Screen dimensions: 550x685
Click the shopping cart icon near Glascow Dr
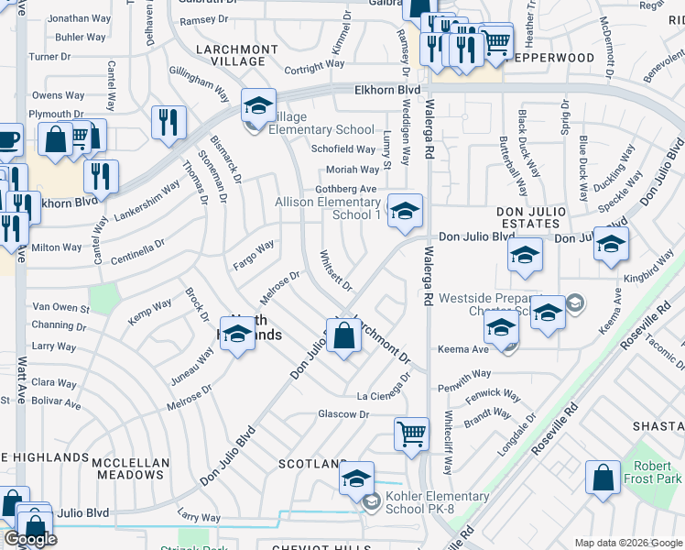pos(411,434)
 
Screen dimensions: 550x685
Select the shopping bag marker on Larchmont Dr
pos(343,335)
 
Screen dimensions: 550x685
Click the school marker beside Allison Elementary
pos(404,211)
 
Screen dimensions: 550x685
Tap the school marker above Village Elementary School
pos(258,106)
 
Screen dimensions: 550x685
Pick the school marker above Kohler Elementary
pos(356,478)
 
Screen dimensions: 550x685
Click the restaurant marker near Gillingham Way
pos(168,122)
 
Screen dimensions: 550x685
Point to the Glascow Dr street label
pos(342,414)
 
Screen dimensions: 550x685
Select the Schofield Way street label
pos(343,149)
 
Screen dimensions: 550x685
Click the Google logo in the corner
pos(30,539)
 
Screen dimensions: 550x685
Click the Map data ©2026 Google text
pos(627,543)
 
